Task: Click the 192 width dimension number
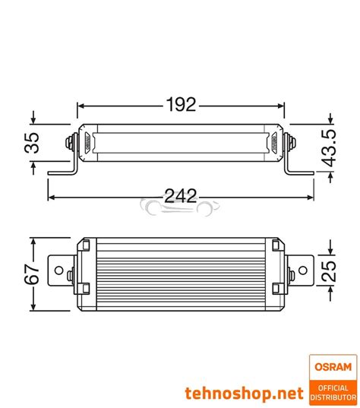point(180,104)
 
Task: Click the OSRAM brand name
point(333,367)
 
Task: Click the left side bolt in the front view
point(71,141)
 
